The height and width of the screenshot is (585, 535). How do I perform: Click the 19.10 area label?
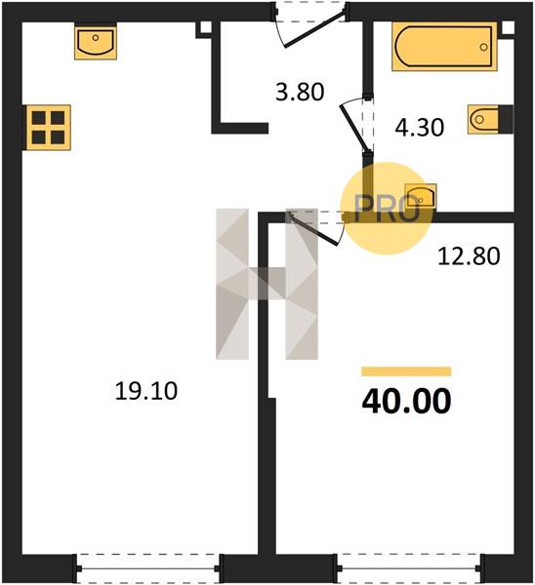[146, 391]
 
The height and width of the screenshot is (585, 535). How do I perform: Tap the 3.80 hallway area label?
[300, 92]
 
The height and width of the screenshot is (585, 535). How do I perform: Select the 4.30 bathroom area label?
[419, 127]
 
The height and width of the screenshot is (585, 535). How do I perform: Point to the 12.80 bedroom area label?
[469, 256]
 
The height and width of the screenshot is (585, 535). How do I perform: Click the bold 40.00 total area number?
[406, 401]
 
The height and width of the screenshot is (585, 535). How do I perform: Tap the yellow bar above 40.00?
[406, 371]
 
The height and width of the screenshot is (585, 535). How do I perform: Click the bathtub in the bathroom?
[444, 47]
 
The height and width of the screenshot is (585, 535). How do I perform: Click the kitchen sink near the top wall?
[96, 41]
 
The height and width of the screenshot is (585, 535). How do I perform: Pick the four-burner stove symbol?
[48, 128]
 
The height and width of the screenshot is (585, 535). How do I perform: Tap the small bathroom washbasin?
[421, 197]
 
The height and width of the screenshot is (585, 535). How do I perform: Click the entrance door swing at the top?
[310, 26]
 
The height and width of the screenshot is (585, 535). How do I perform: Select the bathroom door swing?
[356, 125]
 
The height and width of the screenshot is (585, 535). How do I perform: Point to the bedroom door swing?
[315, 227]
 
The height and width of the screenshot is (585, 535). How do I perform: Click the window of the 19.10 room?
[148, 568]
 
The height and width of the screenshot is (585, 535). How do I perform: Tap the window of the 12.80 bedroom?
[410, 568]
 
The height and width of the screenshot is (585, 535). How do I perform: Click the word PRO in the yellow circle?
[387, 209]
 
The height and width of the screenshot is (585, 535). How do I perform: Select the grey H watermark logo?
[267, 284]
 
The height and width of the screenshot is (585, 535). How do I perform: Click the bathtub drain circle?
[484, 48]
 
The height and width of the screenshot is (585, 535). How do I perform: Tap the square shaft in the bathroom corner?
[508, 28]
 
